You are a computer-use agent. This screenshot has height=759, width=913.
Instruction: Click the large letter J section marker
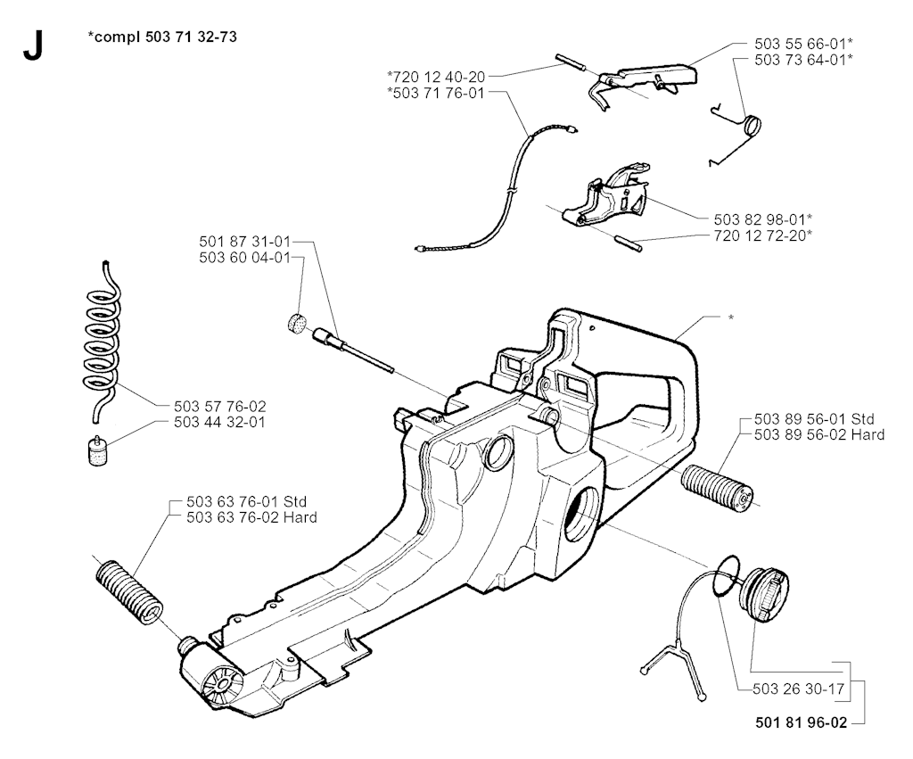point(32,45)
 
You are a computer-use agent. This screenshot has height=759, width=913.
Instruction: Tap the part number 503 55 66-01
point(790,44)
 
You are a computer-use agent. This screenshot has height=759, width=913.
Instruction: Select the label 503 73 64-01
point(790,59)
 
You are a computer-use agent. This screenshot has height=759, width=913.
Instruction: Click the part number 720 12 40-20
point(437,77)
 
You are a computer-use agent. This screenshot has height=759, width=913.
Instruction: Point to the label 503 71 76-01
point(437,92)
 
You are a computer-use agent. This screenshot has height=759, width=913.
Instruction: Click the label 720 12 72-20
point(763,235)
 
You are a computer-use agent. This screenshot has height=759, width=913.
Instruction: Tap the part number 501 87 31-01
point(244,242)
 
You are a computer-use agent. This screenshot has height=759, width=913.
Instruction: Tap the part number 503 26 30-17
point(787,688)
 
